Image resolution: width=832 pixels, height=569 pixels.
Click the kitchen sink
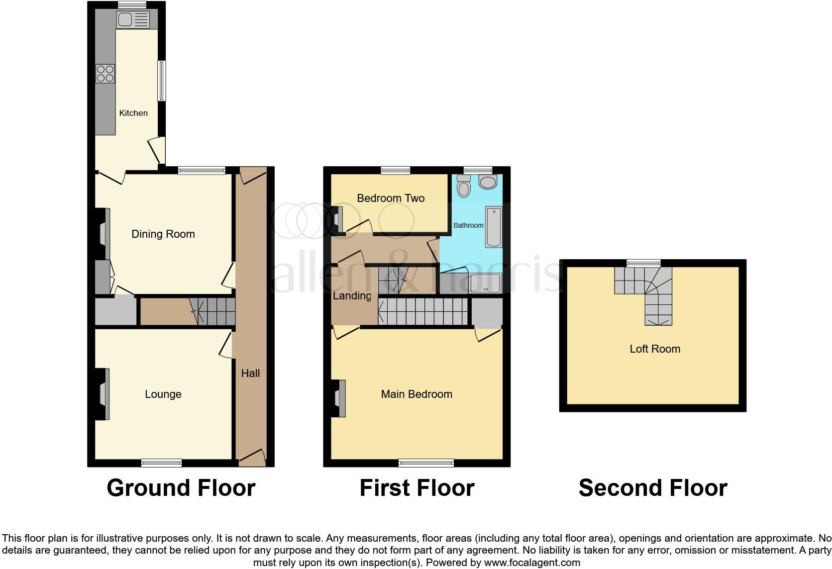click(132, 20)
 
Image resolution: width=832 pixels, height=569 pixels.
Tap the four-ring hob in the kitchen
click(105, 74)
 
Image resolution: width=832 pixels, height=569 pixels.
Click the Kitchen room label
click(133, 113)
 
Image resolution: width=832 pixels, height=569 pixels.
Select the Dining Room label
click(163, 234)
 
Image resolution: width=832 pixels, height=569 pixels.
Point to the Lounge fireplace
click(103, 394)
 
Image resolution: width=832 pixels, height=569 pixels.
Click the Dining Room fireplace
click(103, 234)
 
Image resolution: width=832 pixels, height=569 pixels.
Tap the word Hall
click(250, 373)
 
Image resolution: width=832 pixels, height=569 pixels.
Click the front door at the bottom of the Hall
click(252, 458)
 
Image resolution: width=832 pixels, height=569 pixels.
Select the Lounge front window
click(161, 463)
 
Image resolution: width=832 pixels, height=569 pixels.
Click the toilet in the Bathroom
click(464, 187)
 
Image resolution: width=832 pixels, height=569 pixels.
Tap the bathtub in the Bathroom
click(494, 227)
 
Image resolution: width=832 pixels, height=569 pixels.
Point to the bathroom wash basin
click(488, 182)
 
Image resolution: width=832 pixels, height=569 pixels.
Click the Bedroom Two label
click(391, 198)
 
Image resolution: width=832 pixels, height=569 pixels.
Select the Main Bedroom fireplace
click(339, 398)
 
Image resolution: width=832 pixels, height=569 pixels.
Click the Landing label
click(352, 296)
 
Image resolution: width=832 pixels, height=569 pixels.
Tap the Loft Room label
click(654, 349)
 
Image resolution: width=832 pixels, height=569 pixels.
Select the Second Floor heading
click(652, 488)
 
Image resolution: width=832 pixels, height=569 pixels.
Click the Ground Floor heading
click(181, 488)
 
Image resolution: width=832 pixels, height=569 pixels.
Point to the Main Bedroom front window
click(426, 463)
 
